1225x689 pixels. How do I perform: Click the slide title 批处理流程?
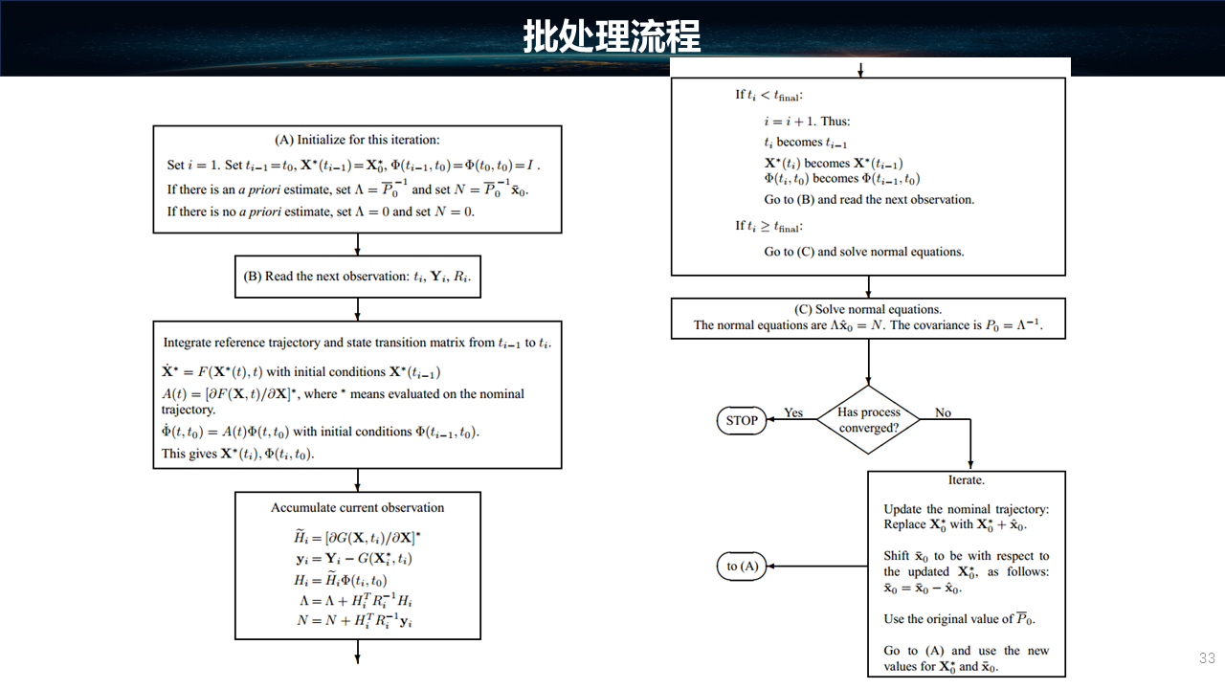(612, 37)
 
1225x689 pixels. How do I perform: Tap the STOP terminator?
(742, 420)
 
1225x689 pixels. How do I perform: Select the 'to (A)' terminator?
(742, 566)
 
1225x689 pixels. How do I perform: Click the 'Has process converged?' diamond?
(869, 420)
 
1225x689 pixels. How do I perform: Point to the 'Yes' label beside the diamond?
(793, 412)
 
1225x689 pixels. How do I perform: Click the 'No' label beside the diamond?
(943, 412)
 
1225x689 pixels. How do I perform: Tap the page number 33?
(1207, 658)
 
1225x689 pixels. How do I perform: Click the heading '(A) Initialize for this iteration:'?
(357, 140)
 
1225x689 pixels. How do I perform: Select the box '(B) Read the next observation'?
(358, 277)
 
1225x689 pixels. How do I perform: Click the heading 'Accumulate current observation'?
(358, 507)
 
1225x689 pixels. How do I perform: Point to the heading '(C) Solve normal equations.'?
(868, 309)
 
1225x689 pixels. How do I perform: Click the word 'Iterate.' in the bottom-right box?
(967, 479)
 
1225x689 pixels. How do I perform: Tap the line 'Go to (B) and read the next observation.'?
(868, 200)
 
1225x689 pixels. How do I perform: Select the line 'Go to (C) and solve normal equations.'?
(863, 252)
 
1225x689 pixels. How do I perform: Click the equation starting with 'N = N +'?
(355, 621)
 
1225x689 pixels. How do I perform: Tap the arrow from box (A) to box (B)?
(358, 245)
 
